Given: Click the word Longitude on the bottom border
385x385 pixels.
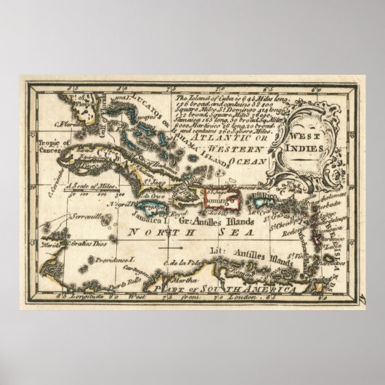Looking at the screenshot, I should (78, 298).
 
